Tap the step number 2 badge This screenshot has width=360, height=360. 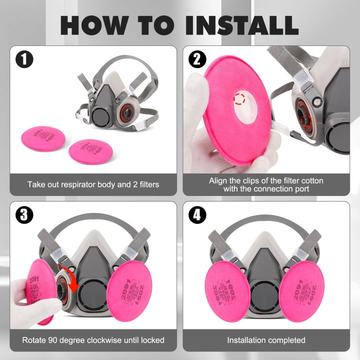(197, 60)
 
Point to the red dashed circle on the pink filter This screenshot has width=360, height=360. (240, 98)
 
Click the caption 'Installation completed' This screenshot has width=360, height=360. (266, 340)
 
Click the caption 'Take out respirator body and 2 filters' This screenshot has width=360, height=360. (93, 184)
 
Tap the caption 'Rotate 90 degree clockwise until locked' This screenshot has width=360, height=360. (93, 340)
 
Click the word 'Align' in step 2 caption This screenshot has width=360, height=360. (218, 180)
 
